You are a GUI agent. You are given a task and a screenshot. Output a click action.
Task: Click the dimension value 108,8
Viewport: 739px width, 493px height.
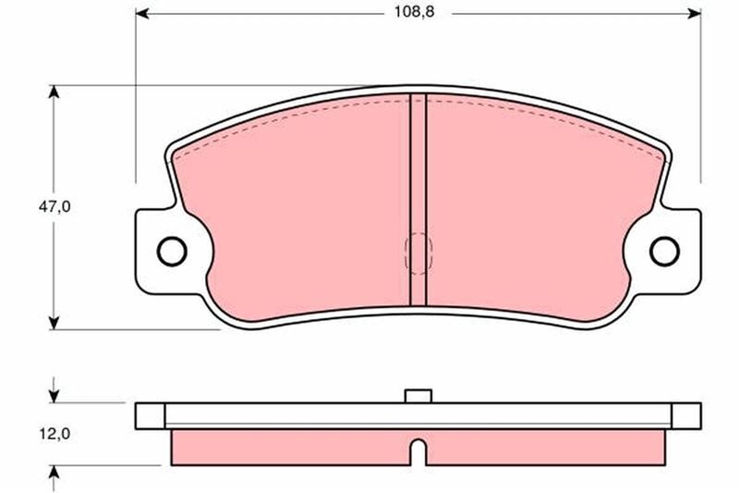pyautogui.click(x=411, y=14)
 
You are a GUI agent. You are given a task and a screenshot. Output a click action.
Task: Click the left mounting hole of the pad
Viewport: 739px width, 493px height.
pyautogui.click(x=171, y=250)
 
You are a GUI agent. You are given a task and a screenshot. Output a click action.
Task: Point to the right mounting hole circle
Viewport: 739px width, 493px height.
pyautogui.click(x=663, y=250)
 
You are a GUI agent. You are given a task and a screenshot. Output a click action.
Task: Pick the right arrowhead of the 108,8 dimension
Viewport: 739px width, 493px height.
pyautogui.click(x=694, y=14)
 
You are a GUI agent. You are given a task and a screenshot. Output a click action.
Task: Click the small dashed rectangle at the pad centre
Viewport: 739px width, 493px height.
pyautogui.click(x=418, y=252)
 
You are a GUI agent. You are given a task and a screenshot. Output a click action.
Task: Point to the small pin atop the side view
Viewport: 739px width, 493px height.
pyautogui.click(x=418, y=396)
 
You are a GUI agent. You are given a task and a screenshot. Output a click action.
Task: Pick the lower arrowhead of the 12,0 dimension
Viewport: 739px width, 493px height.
pyautogui.click(x=55, y=473)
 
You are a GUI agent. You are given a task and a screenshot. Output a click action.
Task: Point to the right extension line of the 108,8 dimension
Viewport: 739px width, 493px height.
pyautogui.click(x=700, y=102)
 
